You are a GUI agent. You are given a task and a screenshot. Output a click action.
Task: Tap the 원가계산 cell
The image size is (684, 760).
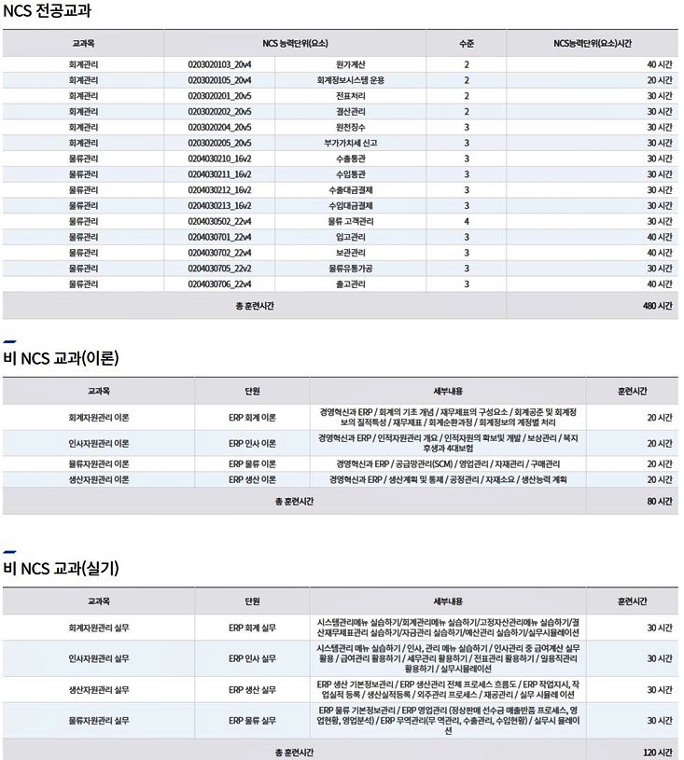(350, 64)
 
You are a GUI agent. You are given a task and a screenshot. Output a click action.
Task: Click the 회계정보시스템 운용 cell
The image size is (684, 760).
(350, 80)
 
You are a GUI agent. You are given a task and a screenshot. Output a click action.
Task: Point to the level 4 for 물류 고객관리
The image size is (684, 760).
(467, 221)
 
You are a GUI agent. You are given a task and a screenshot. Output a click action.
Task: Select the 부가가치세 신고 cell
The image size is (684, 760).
(350, 143)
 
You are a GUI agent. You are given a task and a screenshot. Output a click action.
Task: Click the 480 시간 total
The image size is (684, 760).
(658, 306)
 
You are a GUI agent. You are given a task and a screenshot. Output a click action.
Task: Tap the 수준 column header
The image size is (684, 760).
(467, 43)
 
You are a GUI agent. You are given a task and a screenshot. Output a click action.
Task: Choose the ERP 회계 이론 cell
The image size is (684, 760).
(252, 417)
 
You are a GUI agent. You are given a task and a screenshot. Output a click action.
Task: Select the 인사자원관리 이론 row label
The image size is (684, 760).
(99, 443)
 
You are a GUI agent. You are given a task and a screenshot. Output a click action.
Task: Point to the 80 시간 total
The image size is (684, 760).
(660, 501)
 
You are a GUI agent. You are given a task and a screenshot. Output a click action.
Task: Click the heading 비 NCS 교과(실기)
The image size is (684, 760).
(61, 567)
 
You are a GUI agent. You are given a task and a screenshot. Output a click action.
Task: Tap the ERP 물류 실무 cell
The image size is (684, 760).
(252, 720)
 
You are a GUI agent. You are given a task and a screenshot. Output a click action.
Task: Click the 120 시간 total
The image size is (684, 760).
(658, 752)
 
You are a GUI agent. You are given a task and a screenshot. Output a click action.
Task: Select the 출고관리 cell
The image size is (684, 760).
(350, 283)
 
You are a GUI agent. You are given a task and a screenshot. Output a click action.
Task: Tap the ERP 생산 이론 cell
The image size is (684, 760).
(252, 479)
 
